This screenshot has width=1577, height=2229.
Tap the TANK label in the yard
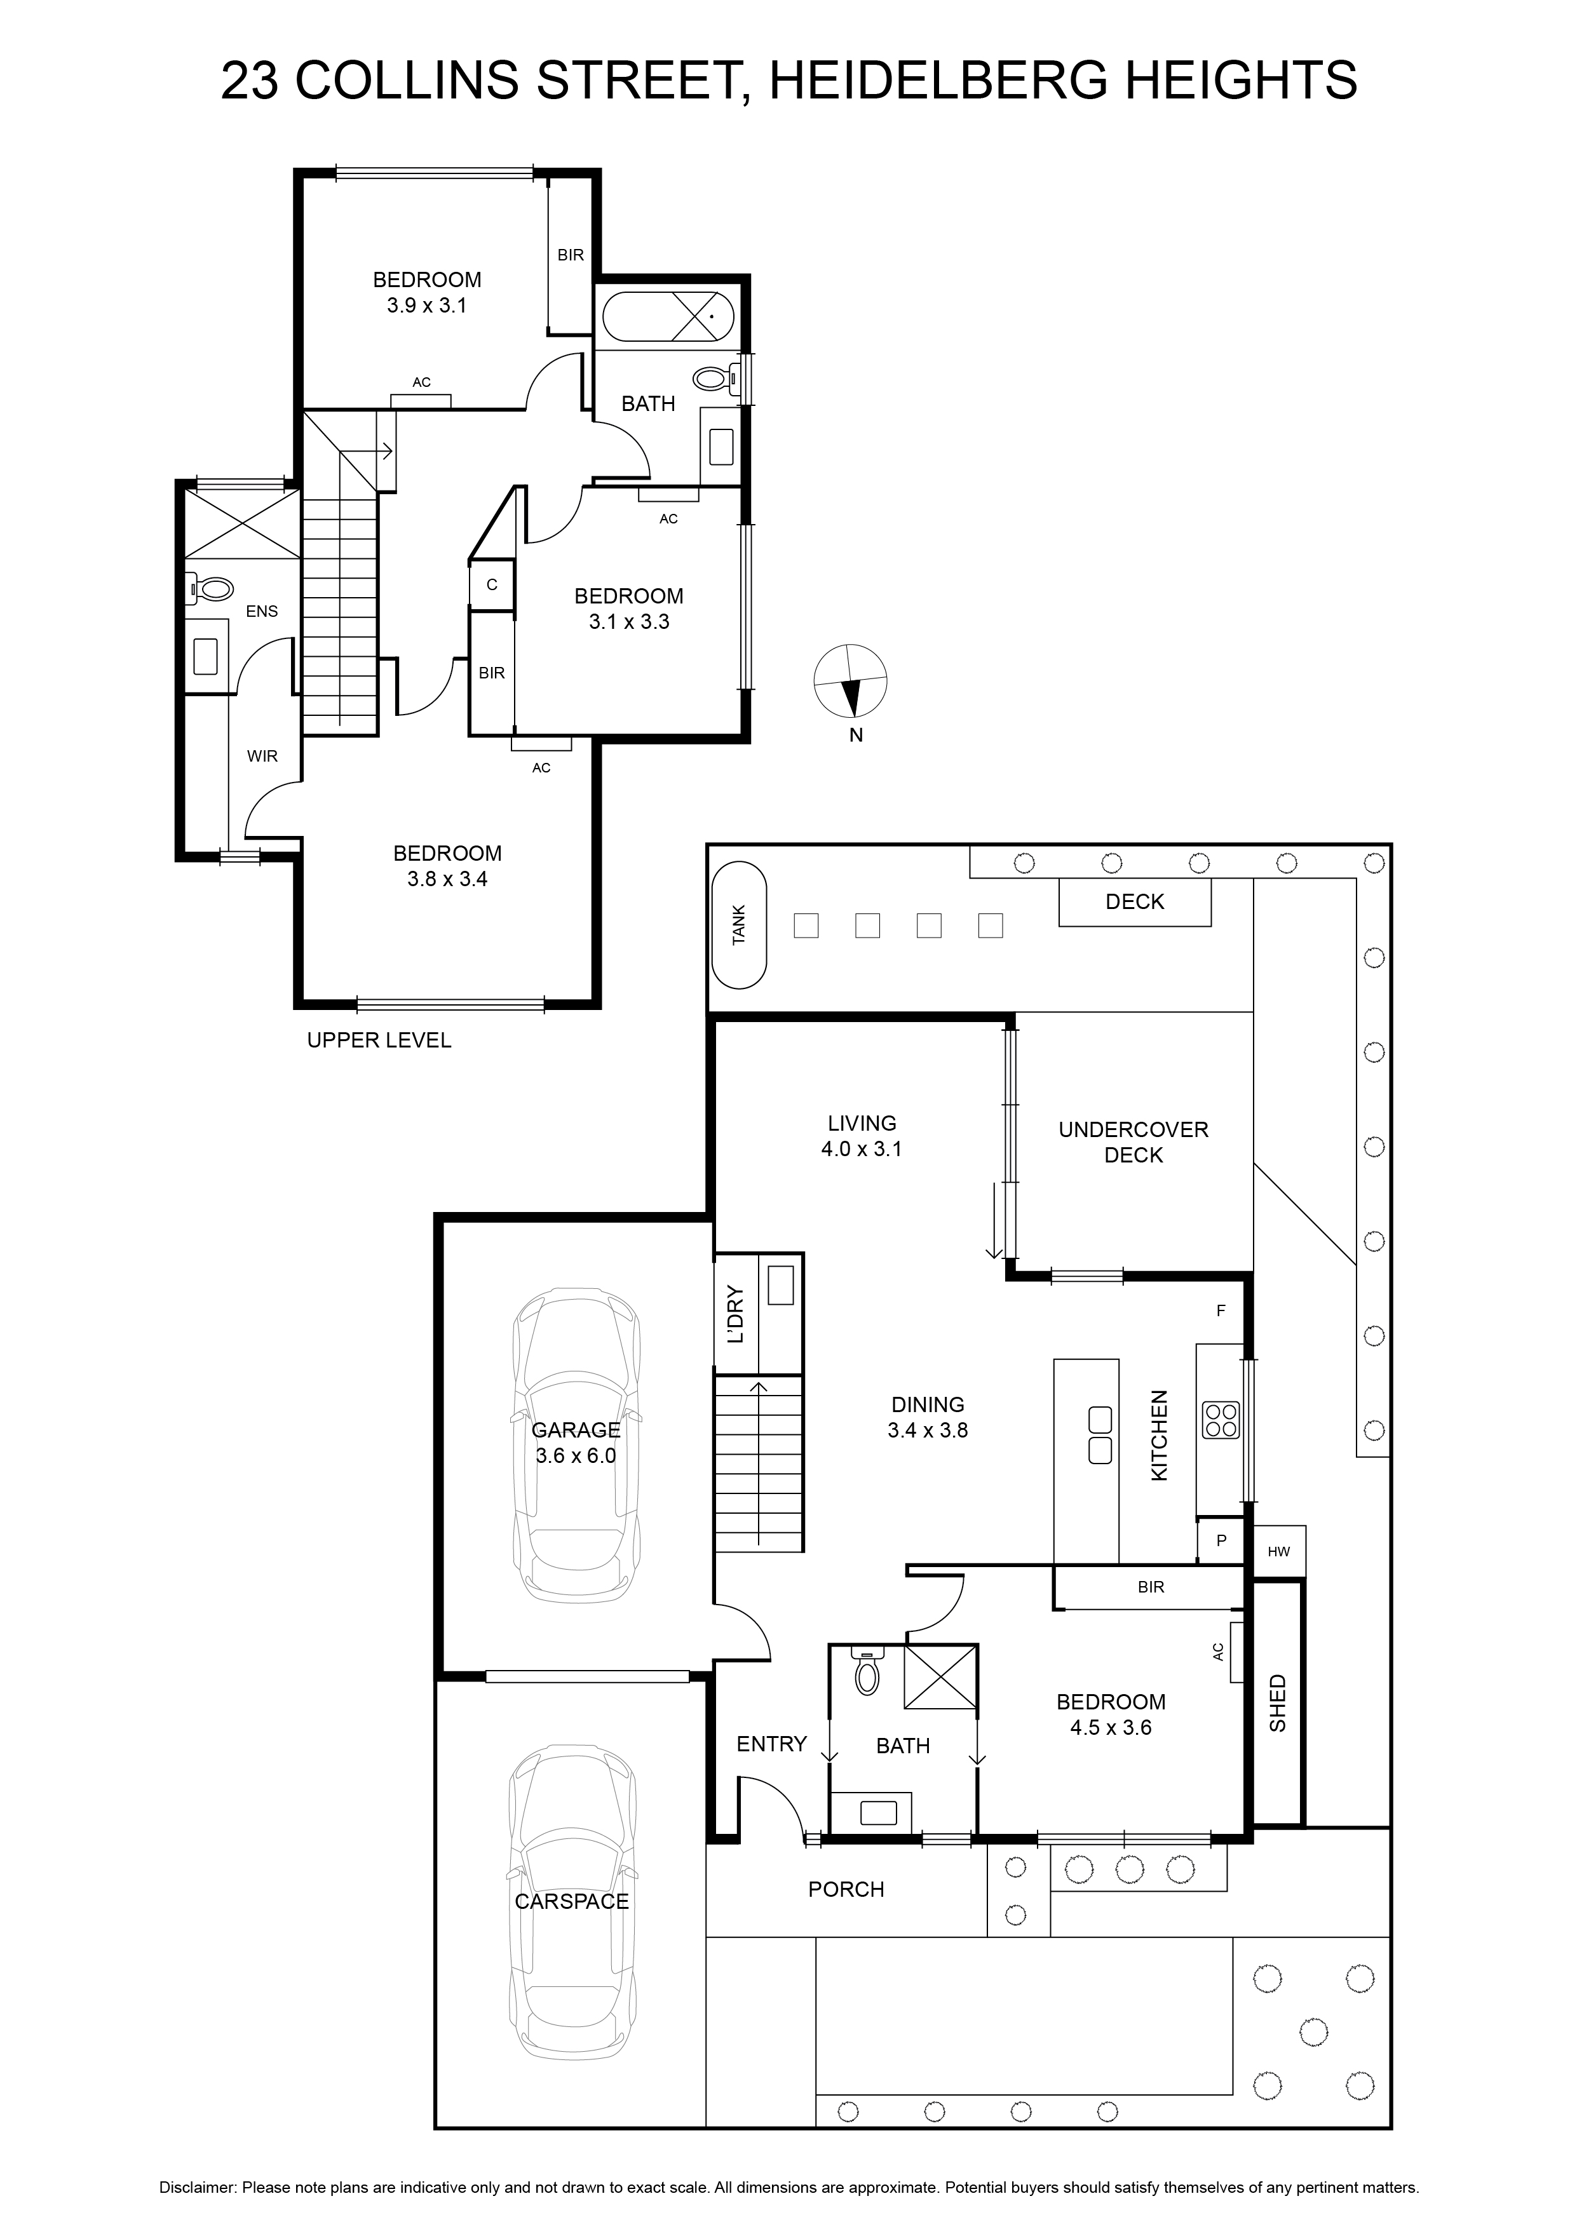(739, 925)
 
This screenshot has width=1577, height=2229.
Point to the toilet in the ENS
(212, 588)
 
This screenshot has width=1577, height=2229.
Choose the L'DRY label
(735, 1314)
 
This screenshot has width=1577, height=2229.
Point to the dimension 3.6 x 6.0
(576, 1455)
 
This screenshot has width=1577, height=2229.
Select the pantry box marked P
(1221, 1540)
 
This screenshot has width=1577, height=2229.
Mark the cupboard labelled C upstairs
(491, 584)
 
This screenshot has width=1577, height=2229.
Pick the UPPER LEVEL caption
(379, 1040)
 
